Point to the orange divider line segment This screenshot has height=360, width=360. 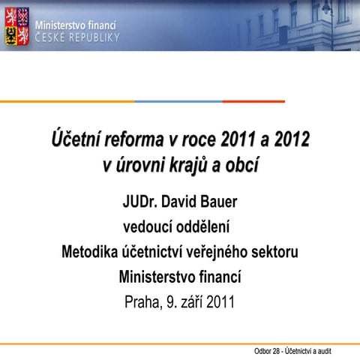click(x=67, y=101)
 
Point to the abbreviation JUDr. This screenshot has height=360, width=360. click(x=142, y=202)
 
